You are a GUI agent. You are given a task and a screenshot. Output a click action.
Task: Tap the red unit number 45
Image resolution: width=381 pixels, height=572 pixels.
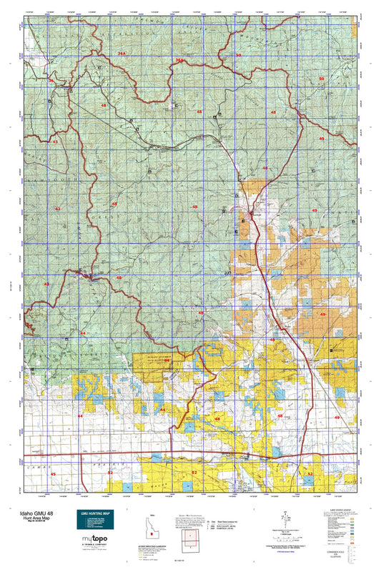[x=52, y=474]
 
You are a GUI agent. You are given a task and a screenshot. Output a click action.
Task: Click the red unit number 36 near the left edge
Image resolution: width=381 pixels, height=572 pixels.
[x=51, y=80]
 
